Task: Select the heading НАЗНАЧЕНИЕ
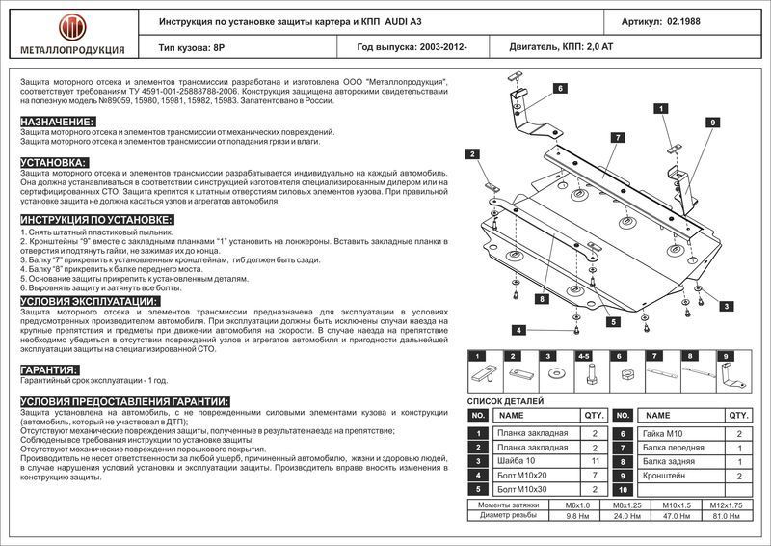[x=58, y=122]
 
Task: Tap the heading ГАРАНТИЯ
[x=49, y=370]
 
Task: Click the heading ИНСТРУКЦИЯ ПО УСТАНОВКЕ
[x=96, y=220]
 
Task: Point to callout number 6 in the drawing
[x=558, y=89]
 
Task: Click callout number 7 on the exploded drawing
[x=613, y=138]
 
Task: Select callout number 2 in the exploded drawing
[x=472, y=154]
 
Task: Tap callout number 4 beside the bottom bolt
[x=518, y=331]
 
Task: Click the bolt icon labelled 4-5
[x=584, y=372]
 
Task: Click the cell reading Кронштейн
[x=666, y=476]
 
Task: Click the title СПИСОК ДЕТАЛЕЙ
[x=505, y=400]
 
